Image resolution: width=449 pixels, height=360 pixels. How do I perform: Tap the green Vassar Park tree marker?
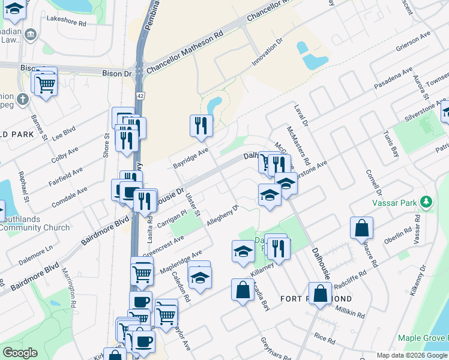(426, 202)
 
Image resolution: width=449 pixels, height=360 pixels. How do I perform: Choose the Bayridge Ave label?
(191, 158)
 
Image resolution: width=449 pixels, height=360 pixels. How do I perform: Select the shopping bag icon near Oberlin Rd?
(362, 228)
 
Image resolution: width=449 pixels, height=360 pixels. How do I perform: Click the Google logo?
(20, 353)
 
